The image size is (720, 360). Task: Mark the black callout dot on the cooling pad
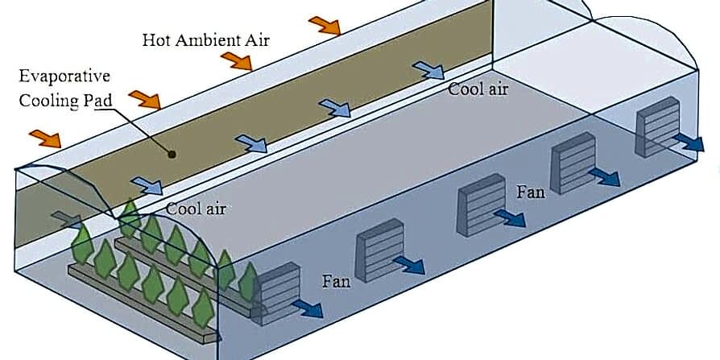click(171, 152)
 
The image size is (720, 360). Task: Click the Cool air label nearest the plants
click(195, 209)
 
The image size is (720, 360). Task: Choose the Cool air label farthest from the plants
click(478, 89)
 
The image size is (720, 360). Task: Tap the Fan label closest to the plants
click(336, 281)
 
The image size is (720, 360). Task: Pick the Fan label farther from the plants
click(531, 192)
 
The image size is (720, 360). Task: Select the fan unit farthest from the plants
click(653, 127)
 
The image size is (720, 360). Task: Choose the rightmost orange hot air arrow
click(324, 25)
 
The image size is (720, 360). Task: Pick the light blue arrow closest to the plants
click(147, 186)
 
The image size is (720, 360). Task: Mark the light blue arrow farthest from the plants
click(428, 70)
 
